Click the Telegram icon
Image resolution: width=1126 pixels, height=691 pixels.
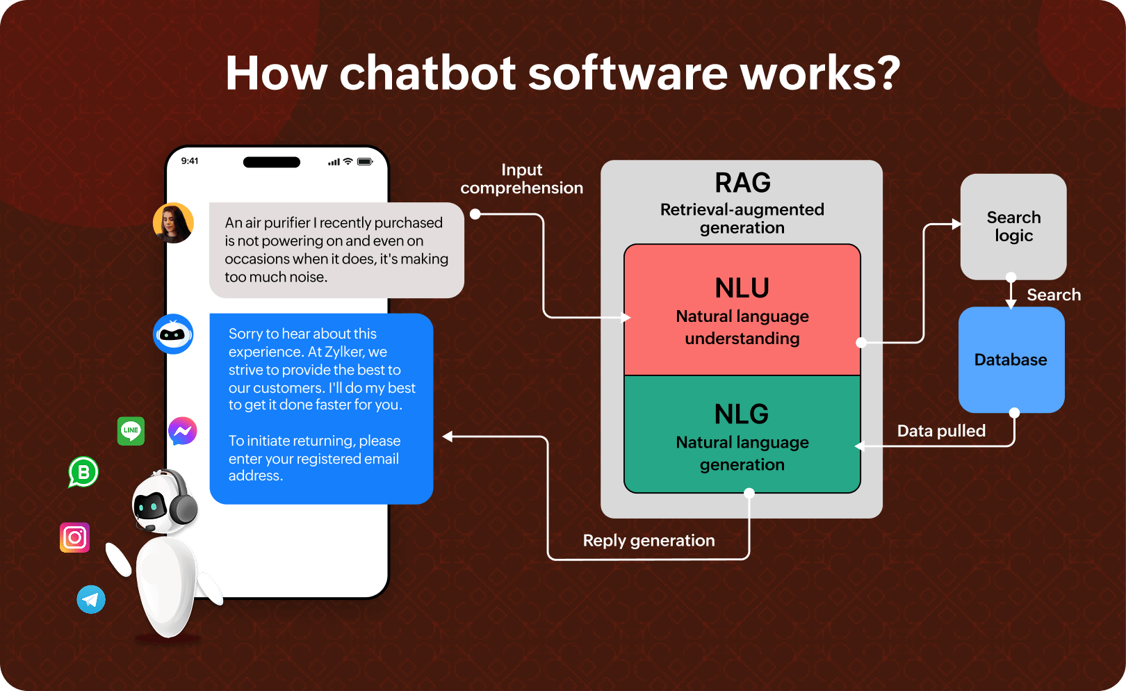click(x=91, y=599)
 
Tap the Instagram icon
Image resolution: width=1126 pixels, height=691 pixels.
click(x=75, y=537)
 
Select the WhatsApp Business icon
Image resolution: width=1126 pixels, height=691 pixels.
click(x=83, y=472)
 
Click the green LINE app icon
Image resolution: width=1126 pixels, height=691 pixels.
click(x=131, y=431)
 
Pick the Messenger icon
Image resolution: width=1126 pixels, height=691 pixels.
click(x=183, y=431)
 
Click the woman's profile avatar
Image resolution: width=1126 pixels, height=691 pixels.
click(x=174, y=222)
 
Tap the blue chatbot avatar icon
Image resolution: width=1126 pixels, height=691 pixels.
click(x=173, y=334)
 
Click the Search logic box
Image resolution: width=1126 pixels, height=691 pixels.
click(x=1013, y=227)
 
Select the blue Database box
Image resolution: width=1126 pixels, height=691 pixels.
click(x=1011, y=360)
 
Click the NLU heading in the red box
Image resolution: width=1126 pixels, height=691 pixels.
click(x=742, y=288)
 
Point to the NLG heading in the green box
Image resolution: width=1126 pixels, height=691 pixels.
click(x=742, y=414)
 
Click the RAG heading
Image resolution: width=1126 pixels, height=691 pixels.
click(x=742, y=183)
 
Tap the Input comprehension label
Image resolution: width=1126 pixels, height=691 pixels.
click(x=522, y=179)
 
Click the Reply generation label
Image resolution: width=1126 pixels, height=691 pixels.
click(x=649, y=541)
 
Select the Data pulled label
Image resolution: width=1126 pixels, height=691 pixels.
click(x=942, y=431)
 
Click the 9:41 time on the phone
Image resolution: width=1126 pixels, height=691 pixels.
click(x=190, y=161)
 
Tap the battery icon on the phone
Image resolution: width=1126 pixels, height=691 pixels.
click(x=365, y=161)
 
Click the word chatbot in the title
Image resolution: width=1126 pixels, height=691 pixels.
click(x=427, y=74)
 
